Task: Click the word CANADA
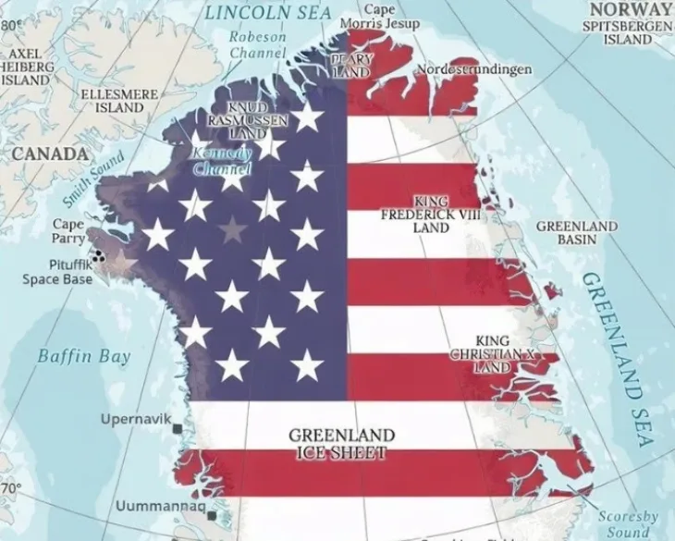pyautogui.click(x=36, y=151)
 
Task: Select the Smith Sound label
pyautogui.click(x=92, y=178)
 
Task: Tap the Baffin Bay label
pyautogui.click(x=83, y=356)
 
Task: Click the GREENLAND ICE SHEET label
pyautogui.click(x=342, y=444)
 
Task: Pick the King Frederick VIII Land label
pyautogui.click(x=432, y=214)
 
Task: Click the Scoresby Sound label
pyautogui.click(x=628, y=524)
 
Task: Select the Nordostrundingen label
pyautogui.click(x=474, y=69)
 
